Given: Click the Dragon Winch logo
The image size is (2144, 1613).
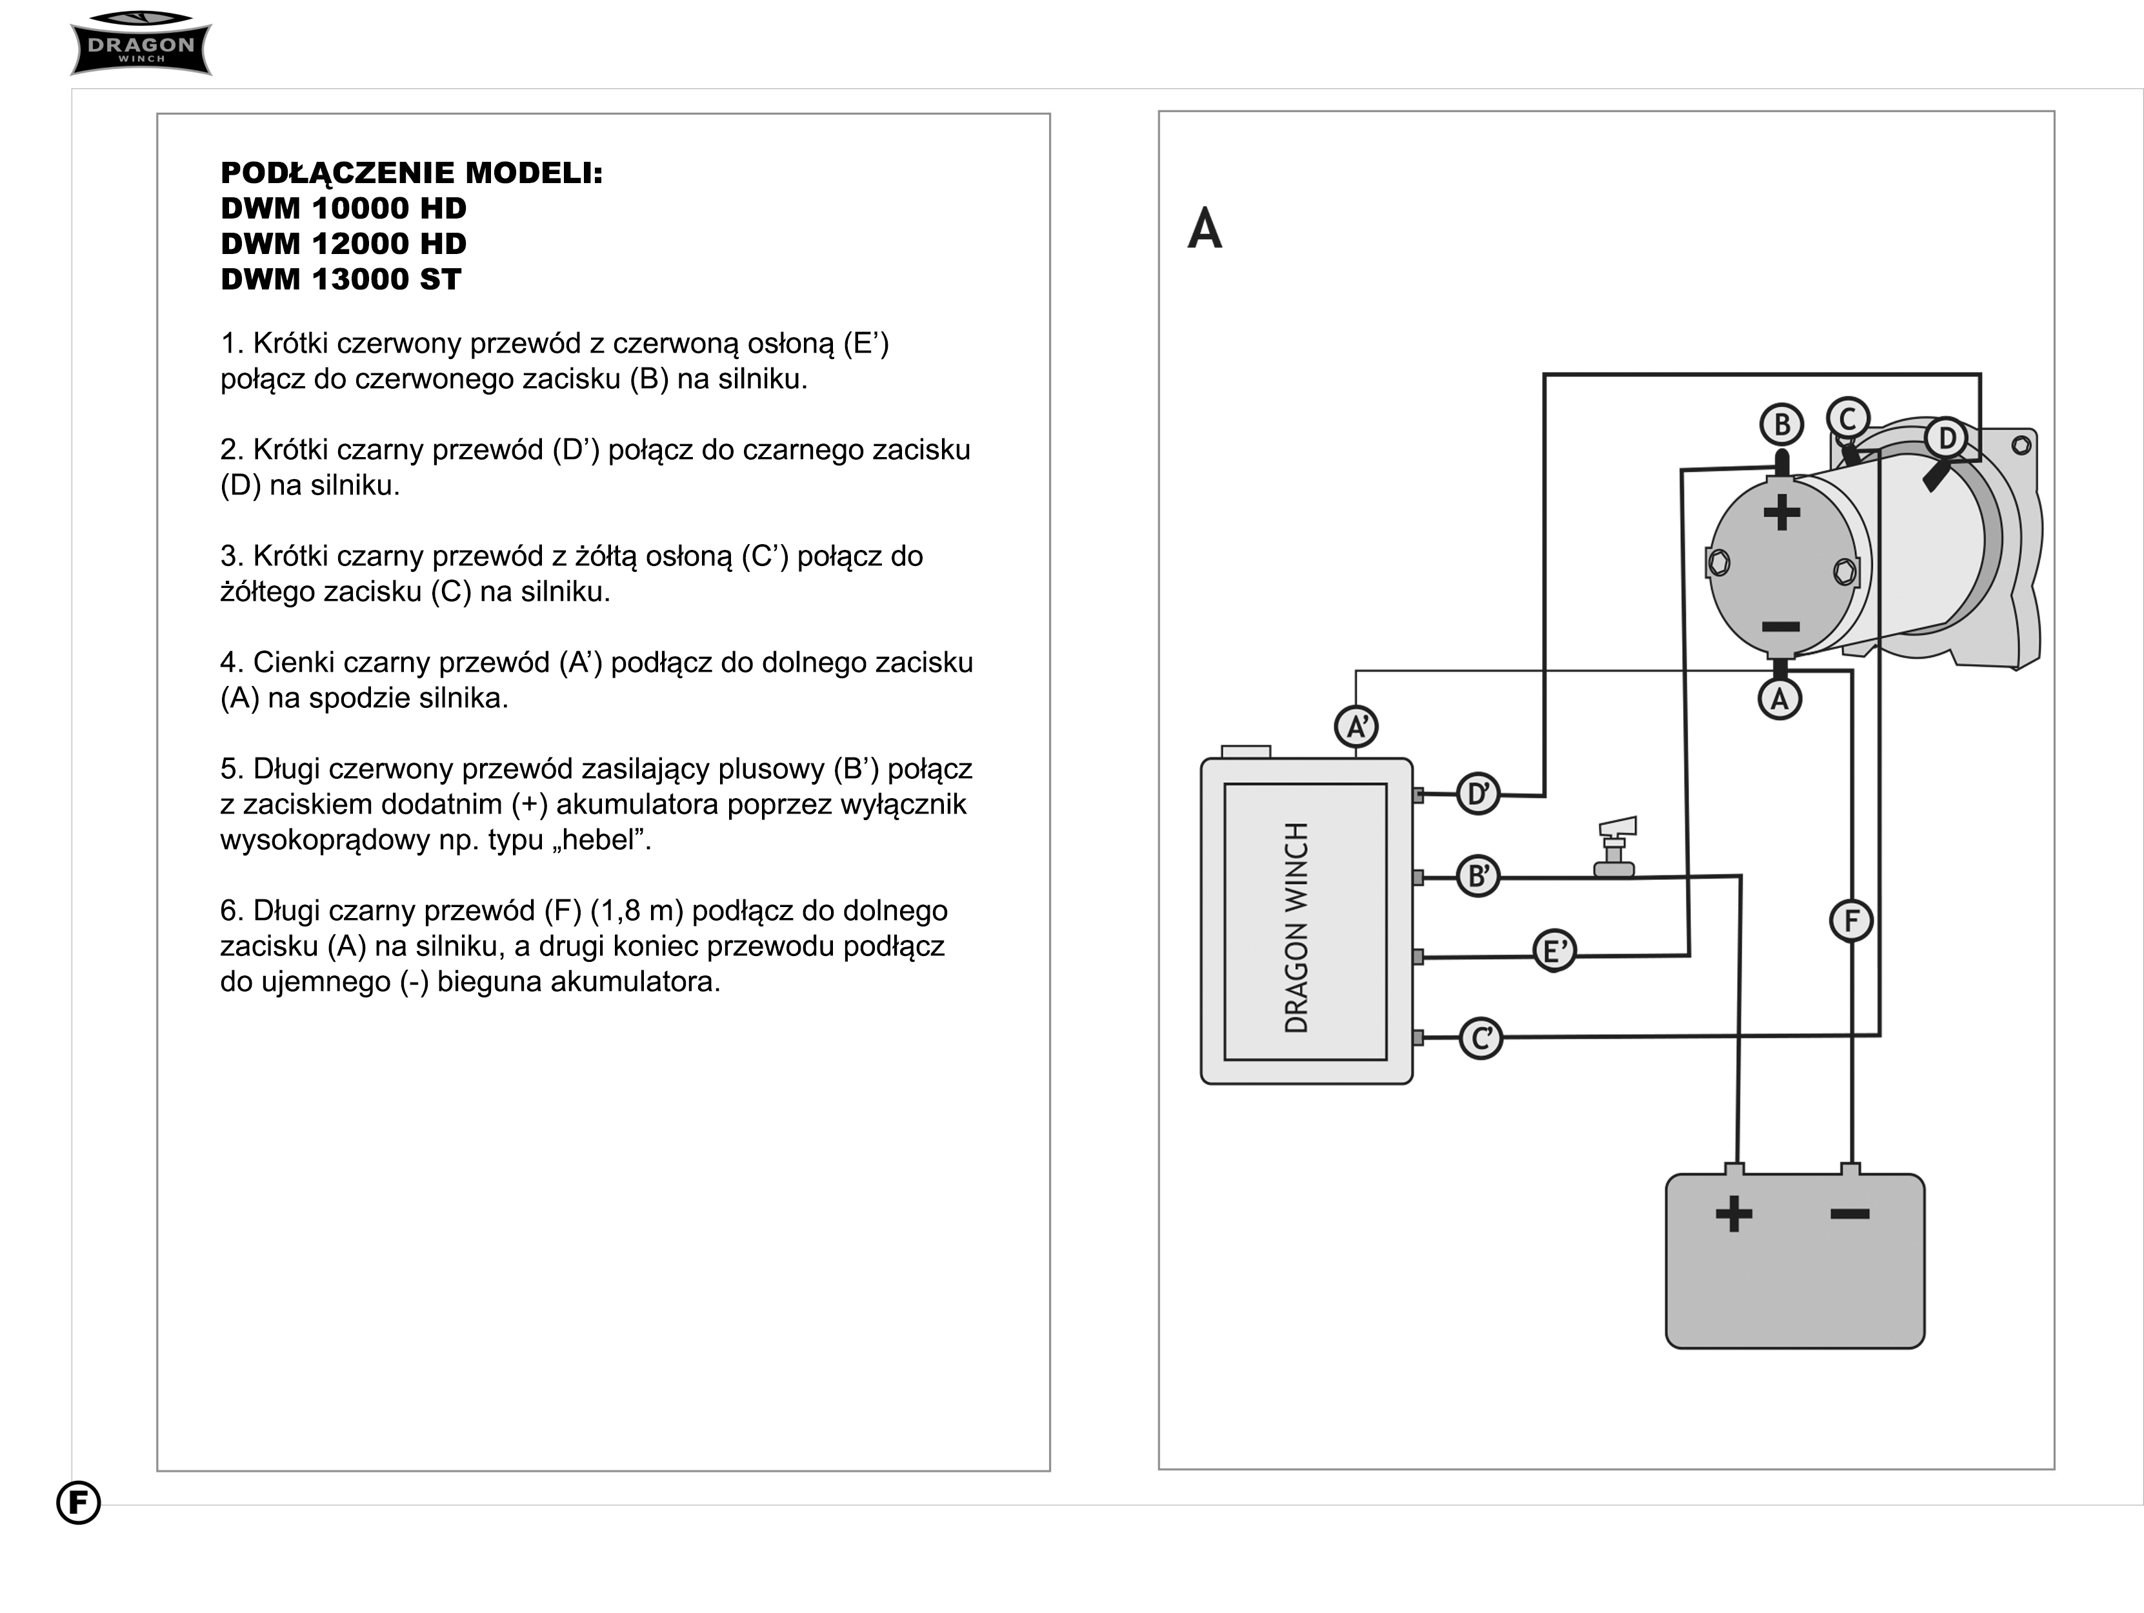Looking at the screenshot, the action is click(x=141, y=44).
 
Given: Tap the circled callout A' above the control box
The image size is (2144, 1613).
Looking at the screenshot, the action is click(x=1356, y=727).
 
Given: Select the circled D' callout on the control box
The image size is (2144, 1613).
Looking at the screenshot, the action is click(x=1478, y=794).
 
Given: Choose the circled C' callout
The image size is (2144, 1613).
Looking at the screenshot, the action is click(x=1481, y=1039).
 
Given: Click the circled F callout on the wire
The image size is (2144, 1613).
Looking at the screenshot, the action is click(x=1851, y=921).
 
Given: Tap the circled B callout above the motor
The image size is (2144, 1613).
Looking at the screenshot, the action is click(x=1781, y=424).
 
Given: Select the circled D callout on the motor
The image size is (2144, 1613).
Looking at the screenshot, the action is click(x=1947, y=438).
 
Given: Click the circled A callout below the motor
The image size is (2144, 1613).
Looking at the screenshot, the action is click(x=1779, y=698).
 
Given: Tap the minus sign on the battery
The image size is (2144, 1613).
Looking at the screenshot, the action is click(x=1849, y=1213).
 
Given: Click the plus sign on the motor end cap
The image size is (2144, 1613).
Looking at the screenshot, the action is click(x=1781, y=513).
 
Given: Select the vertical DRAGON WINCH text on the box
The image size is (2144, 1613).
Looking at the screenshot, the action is click(x=1297, y=927).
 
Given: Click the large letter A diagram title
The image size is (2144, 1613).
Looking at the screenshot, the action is click(x=1205, y=229).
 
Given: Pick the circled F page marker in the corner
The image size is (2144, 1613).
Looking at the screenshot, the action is click(x=79, y=1503).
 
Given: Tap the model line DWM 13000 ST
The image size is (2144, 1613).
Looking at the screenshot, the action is click(x=341, y=279).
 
